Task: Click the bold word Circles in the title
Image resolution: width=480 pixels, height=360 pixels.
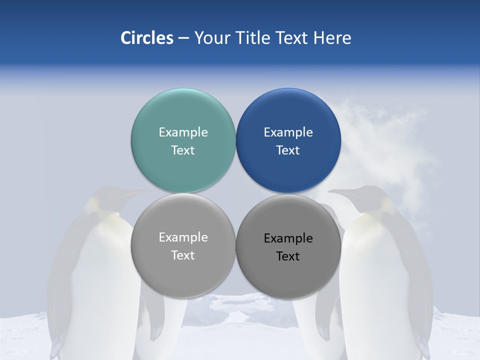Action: point(147,38)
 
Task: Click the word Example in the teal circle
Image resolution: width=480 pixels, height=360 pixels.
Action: point(183,132)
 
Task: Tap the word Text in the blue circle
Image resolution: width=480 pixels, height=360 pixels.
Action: point(288,150)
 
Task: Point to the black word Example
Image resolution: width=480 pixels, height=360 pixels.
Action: point(288,238)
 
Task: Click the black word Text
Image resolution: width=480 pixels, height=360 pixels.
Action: point(288,256)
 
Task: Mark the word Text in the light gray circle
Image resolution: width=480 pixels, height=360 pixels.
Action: point(183,255)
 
